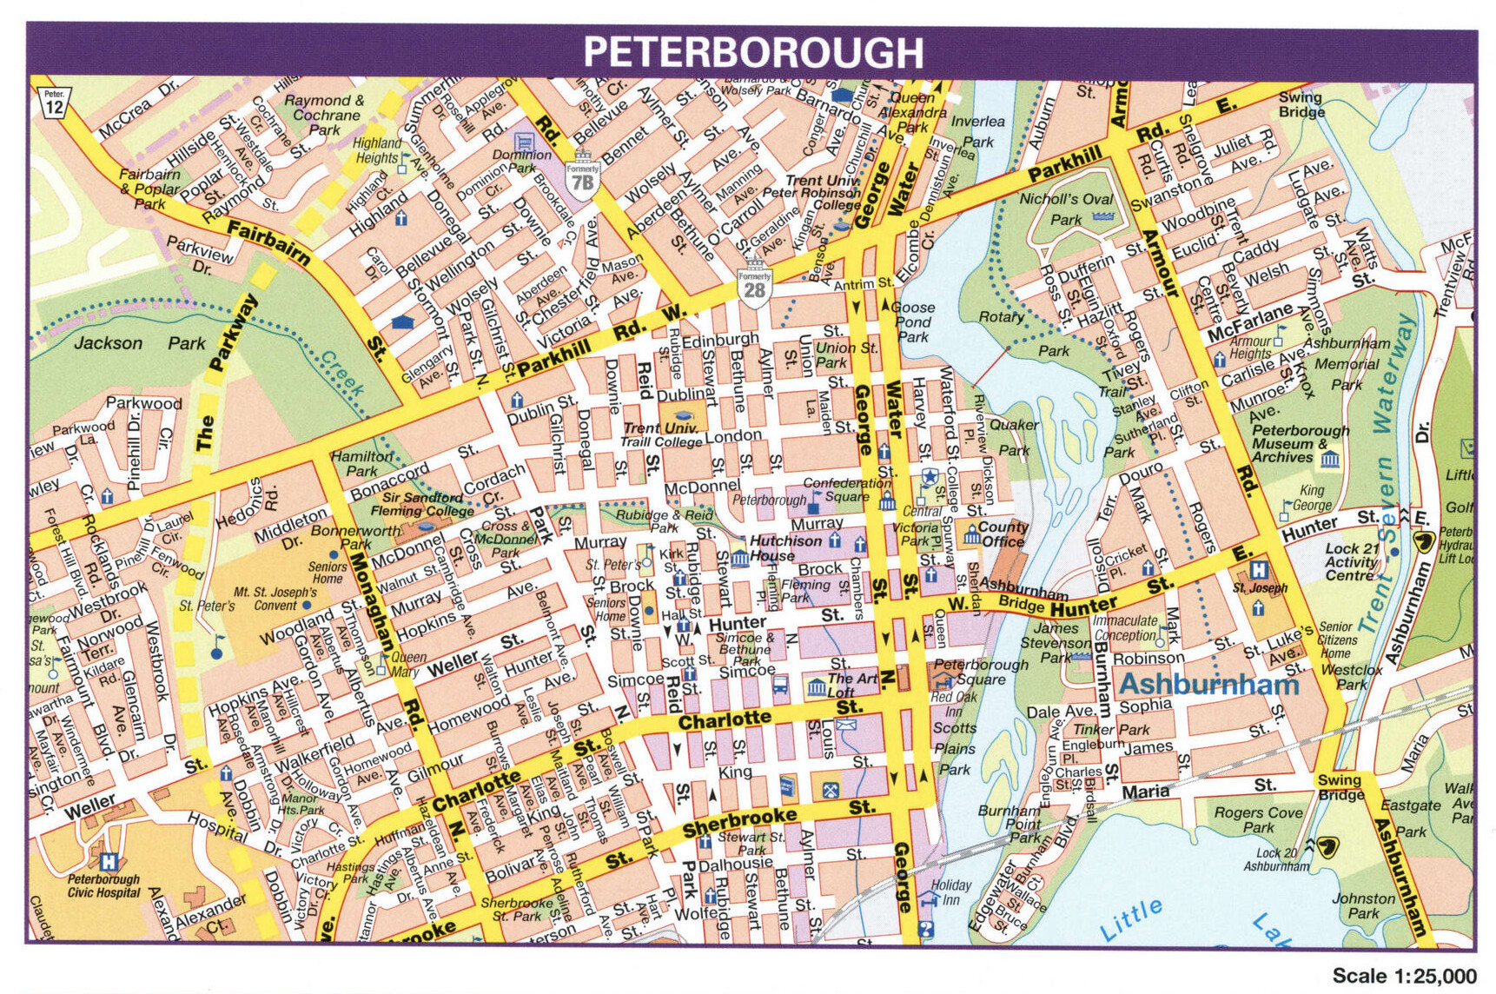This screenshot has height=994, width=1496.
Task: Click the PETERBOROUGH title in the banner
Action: (x=752, y=52)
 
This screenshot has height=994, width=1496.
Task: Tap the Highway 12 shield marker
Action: (x=54, y=102)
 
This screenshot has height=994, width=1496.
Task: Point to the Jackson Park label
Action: (x=138, y=343)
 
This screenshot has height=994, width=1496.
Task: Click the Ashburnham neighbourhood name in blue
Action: (x=1208, y=684)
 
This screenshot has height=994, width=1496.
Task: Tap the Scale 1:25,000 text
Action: (x=1404, y=976)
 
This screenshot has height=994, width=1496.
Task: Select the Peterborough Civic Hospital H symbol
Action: (x=108, y=862)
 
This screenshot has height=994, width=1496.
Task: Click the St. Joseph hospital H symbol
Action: (x=1258, y=570)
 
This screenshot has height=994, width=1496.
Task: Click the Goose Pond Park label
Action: (x=912, y=321)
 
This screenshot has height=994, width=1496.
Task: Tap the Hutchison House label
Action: (x=784, y=547)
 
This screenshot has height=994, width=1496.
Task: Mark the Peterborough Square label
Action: (x=980, y=671)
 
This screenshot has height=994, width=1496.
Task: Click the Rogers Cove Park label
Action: (x=1258, y=819)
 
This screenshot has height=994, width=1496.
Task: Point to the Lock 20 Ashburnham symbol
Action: (x=1326, y=845)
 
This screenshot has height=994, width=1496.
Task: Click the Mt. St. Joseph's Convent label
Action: (x=273, y=599)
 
